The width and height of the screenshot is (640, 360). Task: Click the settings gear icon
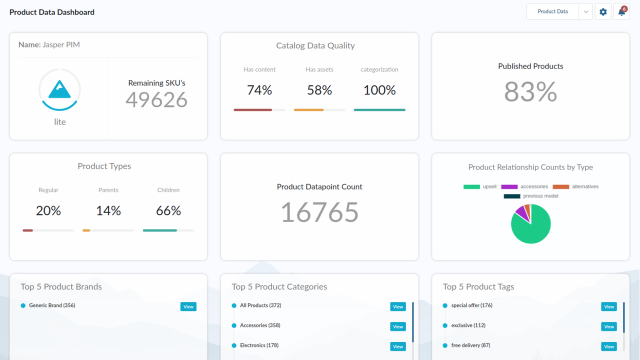(x=603, y=11)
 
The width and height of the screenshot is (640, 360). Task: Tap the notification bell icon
(x=621, y=11)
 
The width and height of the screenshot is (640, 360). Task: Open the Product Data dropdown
(x=585, y=11)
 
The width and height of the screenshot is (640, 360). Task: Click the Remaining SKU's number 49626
(x=156, y=99)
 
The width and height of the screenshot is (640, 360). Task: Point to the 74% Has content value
(x=259, y=90)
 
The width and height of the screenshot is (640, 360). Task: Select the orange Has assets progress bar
(x=308, y=109)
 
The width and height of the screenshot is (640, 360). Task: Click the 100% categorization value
(x=379, y=90)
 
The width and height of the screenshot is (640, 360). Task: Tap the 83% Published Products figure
(x=530, y=92)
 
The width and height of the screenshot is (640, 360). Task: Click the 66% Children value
(x=168, y=210)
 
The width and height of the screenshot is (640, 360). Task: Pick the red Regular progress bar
(x=28, y=230)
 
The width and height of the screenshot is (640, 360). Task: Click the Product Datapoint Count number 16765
(x=319, y=212)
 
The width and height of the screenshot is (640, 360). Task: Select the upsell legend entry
(x=480, y=186)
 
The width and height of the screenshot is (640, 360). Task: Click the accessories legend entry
(x=524, y=186)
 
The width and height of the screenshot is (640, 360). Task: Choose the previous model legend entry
(x=531, y=196)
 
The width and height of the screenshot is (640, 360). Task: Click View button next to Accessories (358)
(x=398, y=326)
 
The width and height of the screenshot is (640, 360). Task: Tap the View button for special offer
(x=609, y=306)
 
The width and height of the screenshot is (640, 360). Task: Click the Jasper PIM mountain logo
(x=59, y=89)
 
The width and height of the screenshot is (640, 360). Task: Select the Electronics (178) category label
(x=259, y=345)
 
